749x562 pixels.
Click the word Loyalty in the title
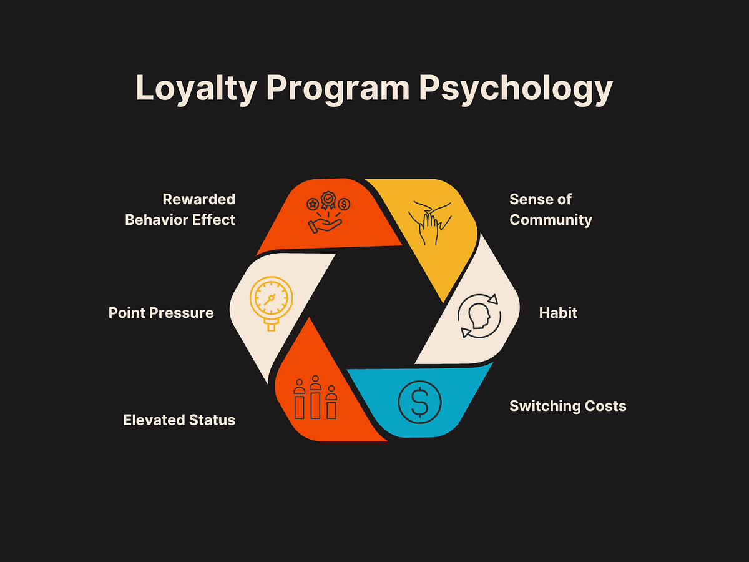click(x=196, y=89)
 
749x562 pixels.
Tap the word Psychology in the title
click(x=516, y=89)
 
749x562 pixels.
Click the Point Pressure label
click(x=161, y=313)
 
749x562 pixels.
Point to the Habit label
click(x=558, y=313)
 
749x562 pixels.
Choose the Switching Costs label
click(x=568, y=406)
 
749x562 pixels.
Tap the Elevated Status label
click(x=179, y=420)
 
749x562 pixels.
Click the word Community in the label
click(x=551, y=220)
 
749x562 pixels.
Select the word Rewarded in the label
click(x=199, y=199)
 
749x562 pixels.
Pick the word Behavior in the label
click(x=157, y=220)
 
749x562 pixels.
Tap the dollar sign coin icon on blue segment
click(x=419, y=402)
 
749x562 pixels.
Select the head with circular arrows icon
click(x=479, y=316)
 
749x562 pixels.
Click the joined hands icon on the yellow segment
click(x=430, y=223)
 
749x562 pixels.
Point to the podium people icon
click(x=315, y=397)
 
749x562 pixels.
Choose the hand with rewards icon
click(x=328, y=212)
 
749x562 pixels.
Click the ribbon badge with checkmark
click(x=328, y=200)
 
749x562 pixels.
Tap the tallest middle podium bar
click(x=315, y=405)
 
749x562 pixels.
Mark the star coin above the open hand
click(x=313, y=204)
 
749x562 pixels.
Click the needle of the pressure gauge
click(x=270, y=300)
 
